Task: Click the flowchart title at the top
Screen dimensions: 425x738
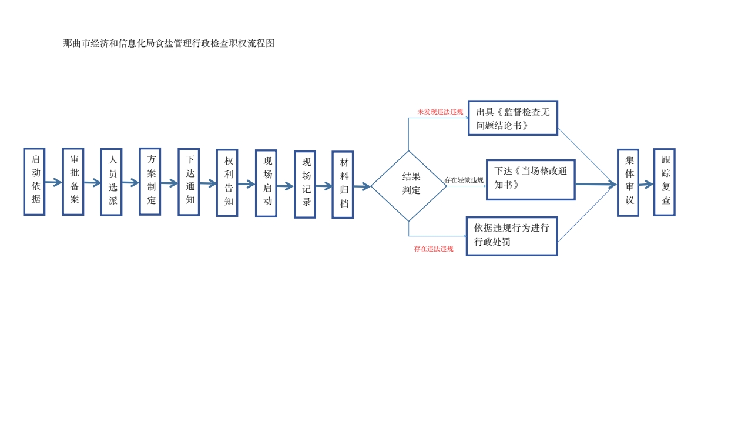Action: coord(169,43)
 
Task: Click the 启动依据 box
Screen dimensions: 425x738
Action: coord(34,182)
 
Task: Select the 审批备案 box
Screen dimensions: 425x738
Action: coord(73,182)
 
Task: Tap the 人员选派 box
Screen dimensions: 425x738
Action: coord(111,182)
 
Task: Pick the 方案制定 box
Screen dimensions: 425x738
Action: coord(150,182)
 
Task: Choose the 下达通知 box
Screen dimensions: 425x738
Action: coord(189,182)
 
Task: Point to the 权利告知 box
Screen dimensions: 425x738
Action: coord(227,183)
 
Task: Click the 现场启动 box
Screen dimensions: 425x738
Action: coord(266,183)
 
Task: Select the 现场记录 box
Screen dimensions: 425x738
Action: coord(304,184)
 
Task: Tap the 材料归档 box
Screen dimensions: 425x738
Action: coord(343,185)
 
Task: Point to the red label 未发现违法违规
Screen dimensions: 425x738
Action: coord(440,112)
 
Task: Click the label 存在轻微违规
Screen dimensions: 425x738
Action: coord(464,180)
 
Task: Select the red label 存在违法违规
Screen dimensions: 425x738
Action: coord(434,249)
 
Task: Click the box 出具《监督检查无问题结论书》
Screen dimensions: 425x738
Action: coord(512,118)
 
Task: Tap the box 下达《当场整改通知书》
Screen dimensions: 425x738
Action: coord(530,180)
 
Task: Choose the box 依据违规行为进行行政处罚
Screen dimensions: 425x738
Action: coord(511,236)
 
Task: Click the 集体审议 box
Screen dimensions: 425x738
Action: coord(628,183)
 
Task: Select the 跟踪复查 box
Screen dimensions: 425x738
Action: coord(664,182)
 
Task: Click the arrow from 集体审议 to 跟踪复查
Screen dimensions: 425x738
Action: coord(646,184)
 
